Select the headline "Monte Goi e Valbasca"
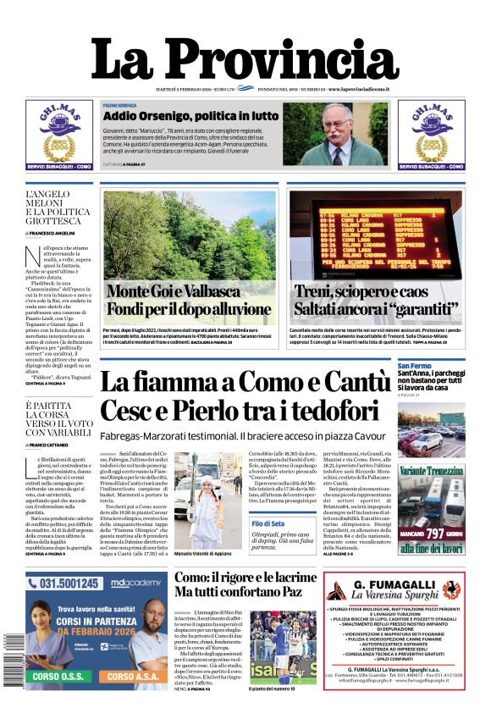[x=175, y=292]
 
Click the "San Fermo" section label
[x=415, y=366]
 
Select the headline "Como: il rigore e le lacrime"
[x=245, y=578]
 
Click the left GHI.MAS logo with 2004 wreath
[x=58, y=136]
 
